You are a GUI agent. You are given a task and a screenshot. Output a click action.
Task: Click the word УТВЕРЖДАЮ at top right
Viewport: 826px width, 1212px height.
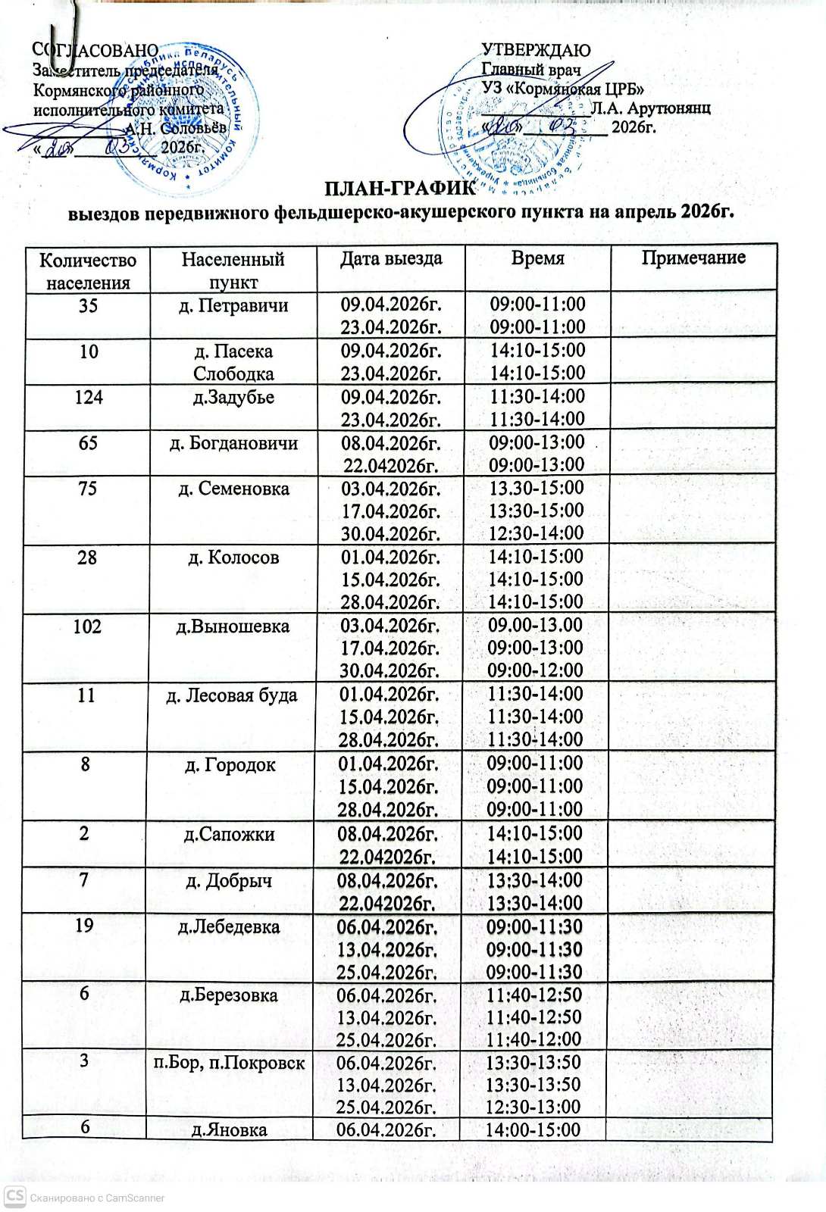537,51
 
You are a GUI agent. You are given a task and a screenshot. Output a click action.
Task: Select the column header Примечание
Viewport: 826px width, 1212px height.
693,258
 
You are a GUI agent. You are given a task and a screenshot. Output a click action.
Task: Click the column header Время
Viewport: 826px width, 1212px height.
538,258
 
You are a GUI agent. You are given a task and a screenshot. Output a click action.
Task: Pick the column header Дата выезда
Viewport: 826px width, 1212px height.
390,258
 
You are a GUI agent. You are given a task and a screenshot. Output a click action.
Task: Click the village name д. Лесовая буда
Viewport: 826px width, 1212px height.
232,695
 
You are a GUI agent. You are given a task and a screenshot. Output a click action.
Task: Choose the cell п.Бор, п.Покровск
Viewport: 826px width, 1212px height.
230,1063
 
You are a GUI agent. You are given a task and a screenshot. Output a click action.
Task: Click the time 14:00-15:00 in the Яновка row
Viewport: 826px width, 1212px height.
535,1130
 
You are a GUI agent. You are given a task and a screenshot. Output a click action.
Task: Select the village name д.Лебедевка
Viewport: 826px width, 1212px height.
229,926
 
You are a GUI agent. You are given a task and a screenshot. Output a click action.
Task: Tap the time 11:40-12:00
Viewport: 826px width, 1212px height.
535,1039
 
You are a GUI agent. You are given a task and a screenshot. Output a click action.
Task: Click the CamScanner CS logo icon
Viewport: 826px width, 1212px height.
14,1197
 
